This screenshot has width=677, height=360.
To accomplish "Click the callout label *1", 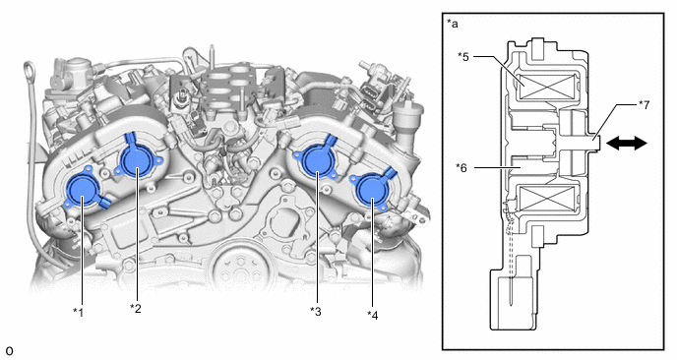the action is tap(78, 312).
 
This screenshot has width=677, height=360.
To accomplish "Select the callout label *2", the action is tap(136, 308).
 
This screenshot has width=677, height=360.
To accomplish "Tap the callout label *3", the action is tap(316, 311).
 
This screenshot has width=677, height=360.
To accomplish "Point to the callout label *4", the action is tap(373, 315).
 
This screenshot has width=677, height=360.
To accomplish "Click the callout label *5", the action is tap(463, 56).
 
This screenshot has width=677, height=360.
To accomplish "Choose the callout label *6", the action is tap(462, 167).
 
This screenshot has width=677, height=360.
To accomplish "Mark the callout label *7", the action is tap(644, 105).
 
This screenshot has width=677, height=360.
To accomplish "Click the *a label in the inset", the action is tap(453, 24).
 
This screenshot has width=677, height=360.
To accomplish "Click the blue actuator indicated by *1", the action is tap(84, 191).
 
